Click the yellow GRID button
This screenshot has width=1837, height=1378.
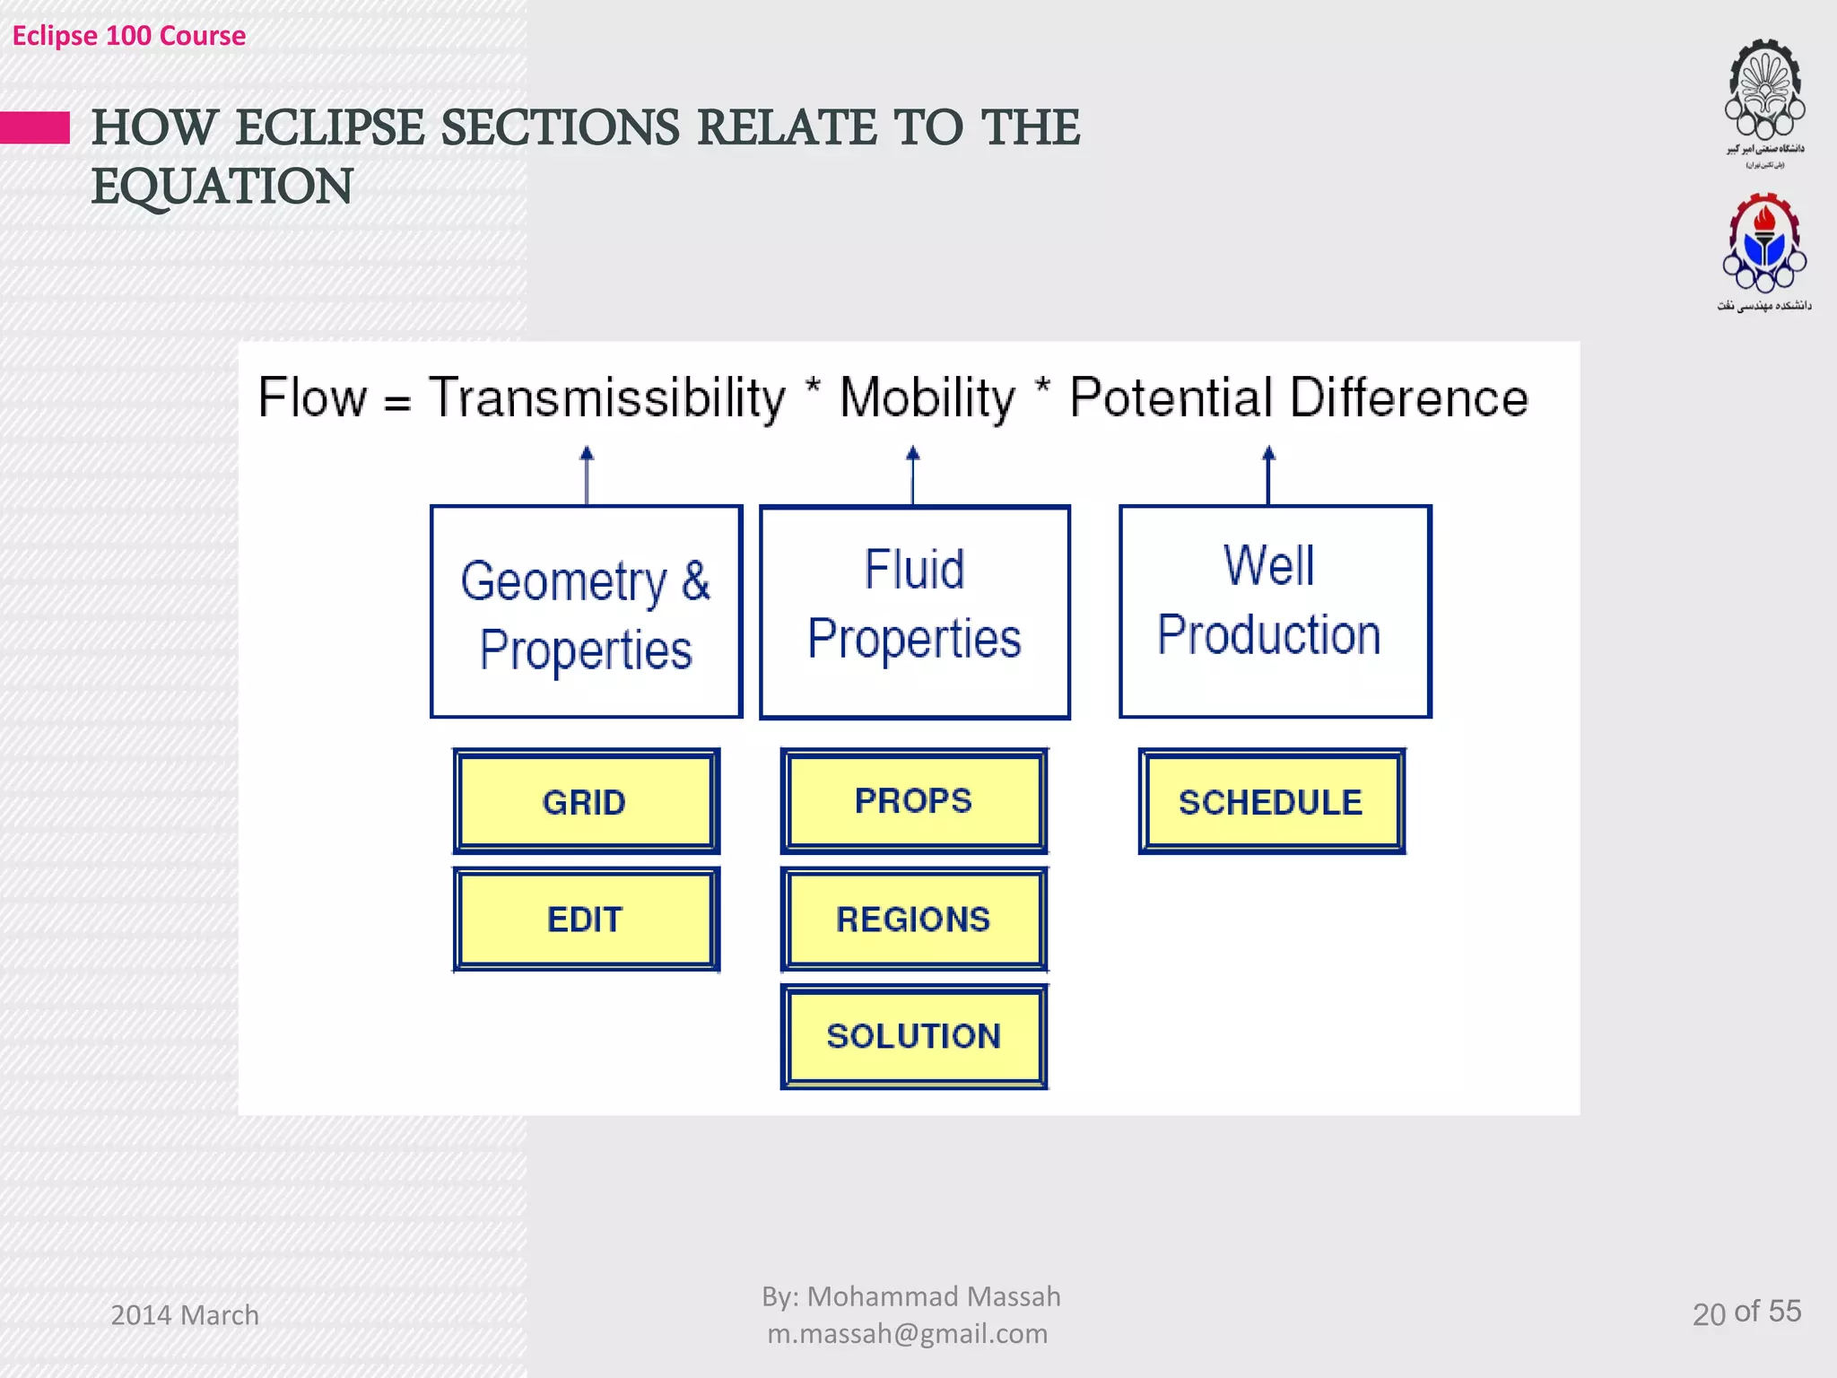[586, 801]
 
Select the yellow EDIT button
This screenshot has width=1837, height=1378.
[586, 920]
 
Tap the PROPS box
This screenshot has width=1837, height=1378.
[913, 800]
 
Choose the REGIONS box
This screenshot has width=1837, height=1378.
[913, 920]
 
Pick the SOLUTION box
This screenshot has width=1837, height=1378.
[913, 1036]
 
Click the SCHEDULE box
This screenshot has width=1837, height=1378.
[1271, 801]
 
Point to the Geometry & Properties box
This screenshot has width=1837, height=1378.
[586, 612]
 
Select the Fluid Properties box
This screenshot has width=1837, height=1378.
[914, 612]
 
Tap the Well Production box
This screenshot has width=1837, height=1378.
[1274, 612]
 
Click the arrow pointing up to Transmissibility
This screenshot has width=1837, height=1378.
[587, 475]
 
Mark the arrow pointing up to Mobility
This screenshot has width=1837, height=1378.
[913, 475]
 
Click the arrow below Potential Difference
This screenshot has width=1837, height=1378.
[1268, 475]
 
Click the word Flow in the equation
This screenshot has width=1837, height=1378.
[312, 397]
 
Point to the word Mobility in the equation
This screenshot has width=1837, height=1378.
[927, 397]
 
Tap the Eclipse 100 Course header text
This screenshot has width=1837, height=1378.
[129, 36]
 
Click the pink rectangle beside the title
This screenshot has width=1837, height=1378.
[35, 127]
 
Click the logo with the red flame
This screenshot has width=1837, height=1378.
[1764, 247]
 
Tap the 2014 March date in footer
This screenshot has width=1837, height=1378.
[185, 1315]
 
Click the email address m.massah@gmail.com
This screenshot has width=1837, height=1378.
[908, 1334]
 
